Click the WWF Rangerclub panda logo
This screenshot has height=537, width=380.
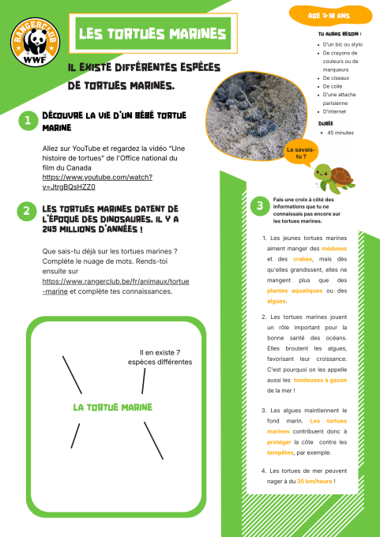click(35, 42)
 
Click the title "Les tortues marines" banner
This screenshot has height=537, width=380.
click(152, 33)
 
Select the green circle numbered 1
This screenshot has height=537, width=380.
click(28, 120)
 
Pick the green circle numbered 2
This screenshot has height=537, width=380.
click(26, 211)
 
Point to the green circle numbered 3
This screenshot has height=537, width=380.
click(260, 206)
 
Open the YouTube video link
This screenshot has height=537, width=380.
click(97, 182)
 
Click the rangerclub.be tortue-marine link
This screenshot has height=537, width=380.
click(115, 287)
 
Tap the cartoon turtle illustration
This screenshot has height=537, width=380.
click(333, 178)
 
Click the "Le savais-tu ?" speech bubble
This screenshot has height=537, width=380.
click(301, 153)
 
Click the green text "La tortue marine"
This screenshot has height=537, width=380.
click(113, 407)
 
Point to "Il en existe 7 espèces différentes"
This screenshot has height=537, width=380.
click(160, 357)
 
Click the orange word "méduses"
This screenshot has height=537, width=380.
click(334, 248)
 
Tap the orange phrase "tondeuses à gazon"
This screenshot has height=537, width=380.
click(321, 380)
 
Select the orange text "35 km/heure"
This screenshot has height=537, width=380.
click(314, 481)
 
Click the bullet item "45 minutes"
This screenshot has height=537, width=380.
click(340, 133)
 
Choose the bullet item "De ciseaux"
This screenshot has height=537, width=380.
click(331, 78)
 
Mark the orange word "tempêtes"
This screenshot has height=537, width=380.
click(280, 453)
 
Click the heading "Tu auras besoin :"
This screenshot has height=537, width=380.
click(340, 34)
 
